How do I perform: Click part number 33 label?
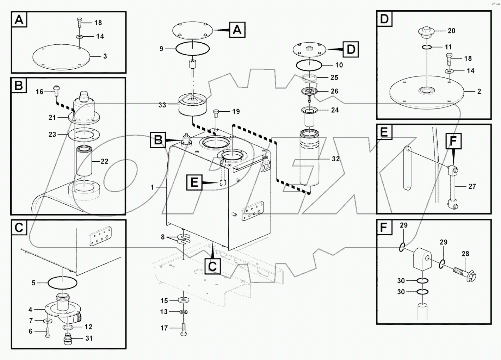pos(162,105)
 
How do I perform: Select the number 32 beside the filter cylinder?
pos(335,159)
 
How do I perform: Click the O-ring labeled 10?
pos(309,65)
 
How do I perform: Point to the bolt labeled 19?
pos(216,113)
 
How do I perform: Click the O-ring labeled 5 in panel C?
pos(62,283)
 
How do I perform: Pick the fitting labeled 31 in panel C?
pos(68,340)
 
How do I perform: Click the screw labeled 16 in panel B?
pos(56,90)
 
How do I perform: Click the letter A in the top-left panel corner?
pos(19,20)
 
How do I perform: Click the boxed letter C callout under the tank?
pos(212,266)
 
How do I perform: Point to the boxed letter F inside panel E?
pos(453,141)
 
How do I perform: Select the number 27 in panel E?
pos(472,186)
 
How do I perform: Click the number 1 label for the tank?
pos(152,187)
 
